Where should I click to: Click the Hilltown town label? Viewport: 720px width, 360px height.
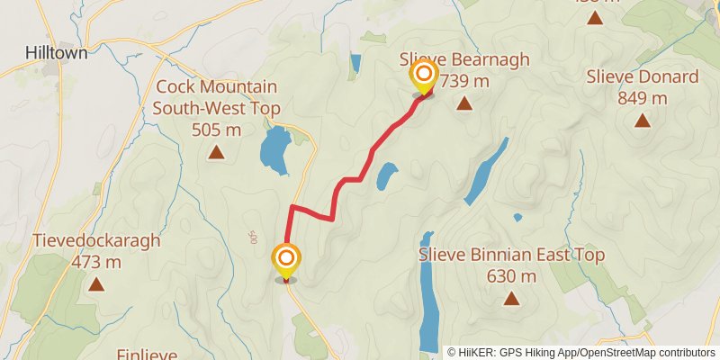click(x=57, y=53)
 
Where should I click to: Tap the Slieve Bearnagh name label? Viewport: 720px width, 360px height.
click(x=464, y=60)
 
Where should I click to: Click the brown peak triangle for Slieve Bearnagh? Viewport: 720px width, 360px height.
click(x=464, y=104)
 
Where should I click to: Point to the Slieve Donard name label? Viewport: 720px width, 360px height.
click(x=642, y=77)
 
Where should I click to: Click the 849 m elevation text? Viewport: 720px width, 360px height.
click(x=642, y=98)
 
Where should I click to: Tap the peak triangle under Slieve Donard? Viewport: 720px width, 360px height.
click(x=642, y=121)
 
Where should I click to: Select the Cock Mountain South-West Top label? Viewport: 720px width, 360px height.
click(x=216, y=98)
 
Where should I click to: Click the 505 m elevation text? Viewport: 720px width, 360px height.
click(x=216, y=130)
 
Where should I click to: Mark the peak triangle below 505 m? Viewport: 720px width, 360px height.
click(x=216, y=153)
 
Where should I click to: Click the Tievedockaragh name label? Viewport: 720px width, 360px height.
click(x=96, y=241)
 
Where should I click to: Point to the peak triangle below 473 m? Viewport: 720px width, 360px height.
click(x=96, y=285)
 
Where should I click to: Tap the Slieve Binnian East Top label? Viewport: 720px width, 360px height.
click(x=511, y=256)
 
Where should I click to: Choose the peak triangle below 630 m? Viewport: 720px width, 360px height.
click(x=511, y=299)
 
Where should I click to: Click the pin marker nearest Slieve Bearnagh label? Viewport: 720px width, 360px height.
click(x=423, y=76)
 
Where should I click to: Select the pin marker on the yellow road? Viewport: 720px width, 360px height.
click(x=286, y=260)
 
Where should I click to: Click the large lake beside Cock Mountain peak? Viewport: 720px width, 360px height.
click(x=274, y=150)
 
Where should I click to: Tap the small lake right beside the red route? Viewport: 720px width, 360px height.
click(x=387, y=175)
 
